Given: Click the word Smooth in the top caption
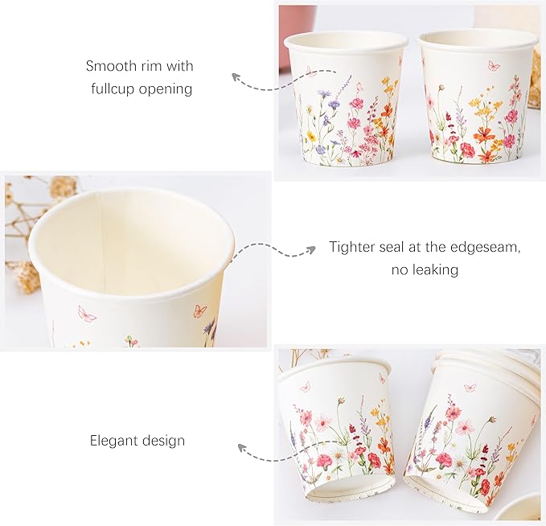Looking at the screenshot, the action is click(x=107, y=66).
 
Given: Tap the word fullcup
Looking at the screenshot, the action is click(x=113, y=88).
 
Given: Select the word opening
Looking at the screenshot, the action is click(x=166, y=89).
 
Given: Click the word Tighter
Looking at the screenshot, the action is click(x=352, y=248).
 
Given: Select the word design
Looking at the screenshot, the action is click(x=163, y=441).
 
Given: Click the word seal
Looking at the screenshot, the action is click(x=392, y=248).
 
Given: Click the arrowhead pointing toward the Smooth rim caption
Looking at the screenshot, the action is click(x=236, y=77).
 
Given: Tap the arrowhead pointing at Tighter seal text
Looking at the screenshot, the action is click(x=311, y=249).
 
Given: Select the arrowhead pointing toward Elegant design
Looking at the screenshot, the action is click(x=241, y=448).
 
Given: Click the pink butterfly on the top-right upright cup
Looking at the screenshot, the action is click(x=494, y=65).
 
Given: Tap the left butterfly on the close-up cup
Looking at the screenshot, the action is click(x=87, y=314).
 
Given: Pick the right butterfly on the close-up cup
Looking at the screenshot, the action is click(x=199, y=311).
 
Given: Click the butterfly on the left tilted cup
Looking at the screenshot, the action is click(x=306, y=386).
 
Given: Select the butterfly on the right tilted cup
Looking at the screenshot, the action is click(x=470, y=388).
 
